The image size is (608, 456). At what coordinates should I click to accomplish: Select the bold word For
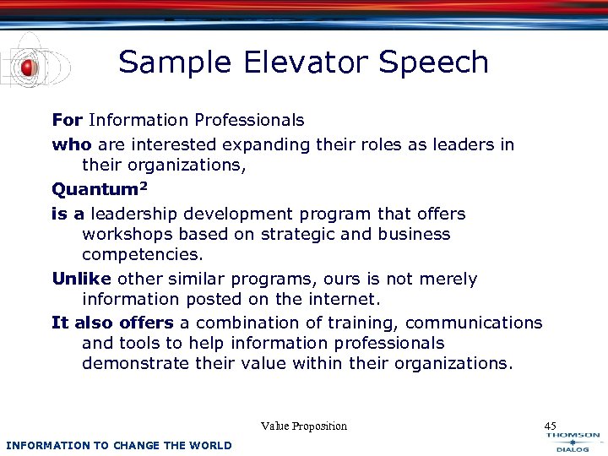pyautogui.click(x=67, y=121)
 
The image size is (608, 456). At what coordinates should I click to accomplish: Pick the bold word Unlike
pyautogui.click(x=82, y=279)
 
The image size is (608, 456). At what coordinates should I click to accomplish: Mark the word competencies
pyautogui.click(x=142, y=255)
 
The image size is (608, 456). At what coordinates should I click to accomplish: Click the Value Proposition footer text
pyautogui.click(x=304, y=426)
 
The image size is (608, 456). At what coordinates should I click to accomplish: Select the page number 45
pyautogui.click(x=551, y=426)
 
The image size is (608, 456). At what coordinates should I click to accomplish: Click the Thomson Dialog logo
pyautogui.click(x=573, y=442)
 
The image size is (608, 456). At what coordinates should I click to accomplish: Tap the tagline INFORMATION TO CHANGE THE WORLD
pyautogui.click(x=118, y=445)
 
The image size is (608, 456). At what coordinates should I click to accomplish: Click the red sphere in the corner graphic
pyautogui.click(x=28, y=68)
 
